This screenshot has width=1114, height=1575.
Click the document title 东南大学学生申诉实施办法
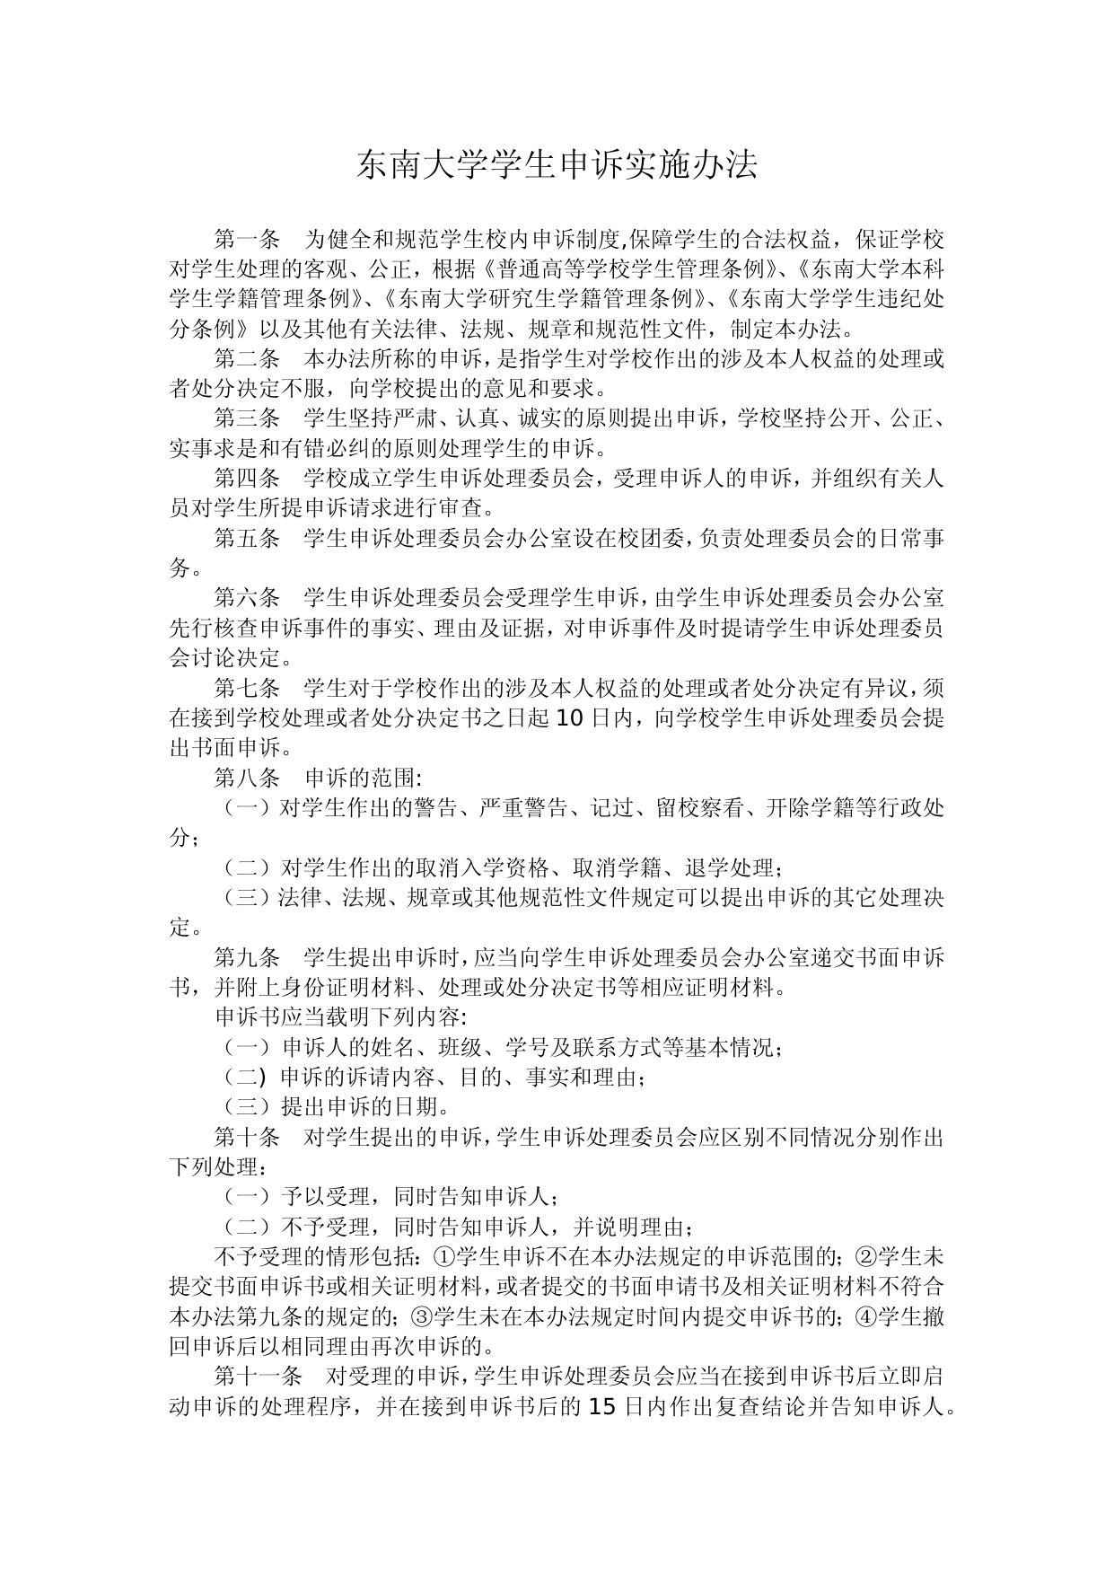(557, 166)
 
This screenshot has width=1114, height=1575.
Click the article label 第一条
(247, 240)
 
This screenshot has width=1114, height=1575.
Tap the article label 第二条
(247, 359)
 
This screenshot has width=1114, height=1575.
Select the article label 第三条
(247, 418)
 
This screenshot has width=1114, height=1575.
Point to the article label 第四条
(247, 479)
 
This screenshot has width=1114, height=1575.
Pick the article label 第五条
(247, 539)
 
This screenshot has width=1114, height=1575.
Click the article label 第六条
(247, 598)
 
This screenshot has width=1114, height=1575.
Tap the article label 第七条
(247, 688)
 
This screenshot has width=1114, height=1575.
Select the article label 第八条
(247, 778)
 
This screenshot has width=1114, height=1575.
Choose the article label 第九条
(247, 957)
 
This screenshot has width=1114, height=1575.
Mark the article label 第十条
(247, 1137)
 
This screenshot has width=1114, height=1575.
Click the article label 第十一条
(258, 1377)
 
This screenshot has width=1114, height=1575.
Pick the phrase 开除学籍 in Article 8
(811, 808)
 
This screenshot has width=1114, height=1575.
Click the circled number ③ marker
(420, 1317)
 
